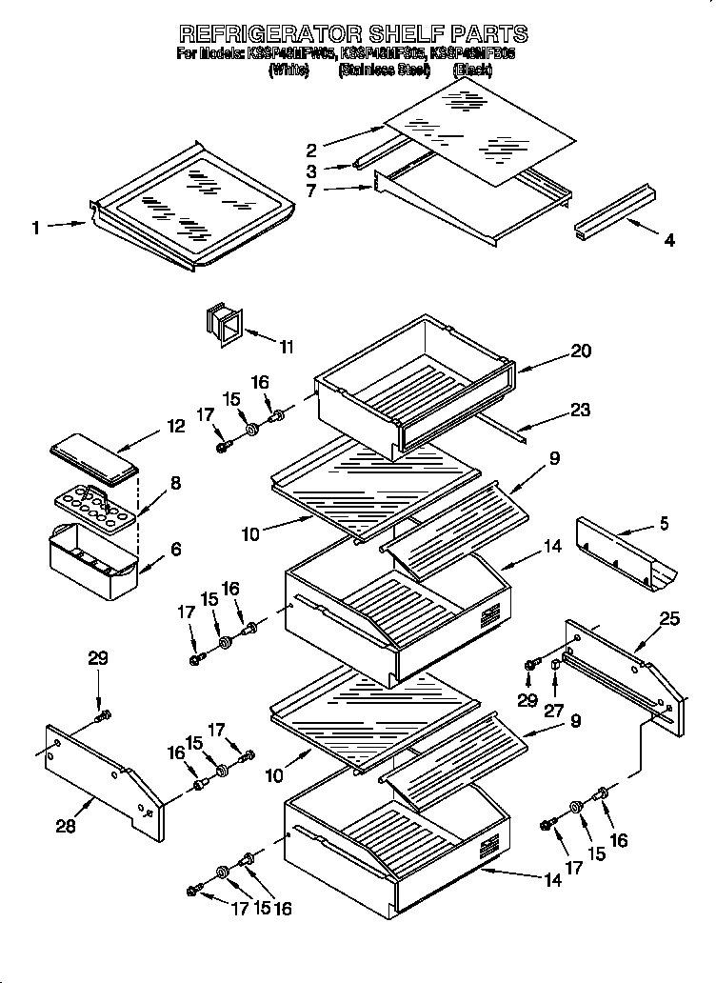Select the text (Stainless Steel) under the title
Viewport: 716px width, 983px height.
coord(384,70)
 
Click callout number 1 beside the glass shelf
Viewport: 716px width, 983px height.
coord(35,227)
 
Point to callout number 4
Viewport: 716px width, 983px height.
coord(669,241)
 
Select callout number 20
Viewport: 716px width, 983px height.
coord(581,351)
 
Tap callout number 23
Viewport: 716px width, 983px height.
coord(580,411)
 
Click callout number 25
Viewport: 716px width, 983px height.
coord(670,620)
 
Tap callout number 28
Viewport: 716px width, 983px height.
coord(65,826)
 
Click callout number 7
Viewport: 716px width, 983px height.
coord(310,191)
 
